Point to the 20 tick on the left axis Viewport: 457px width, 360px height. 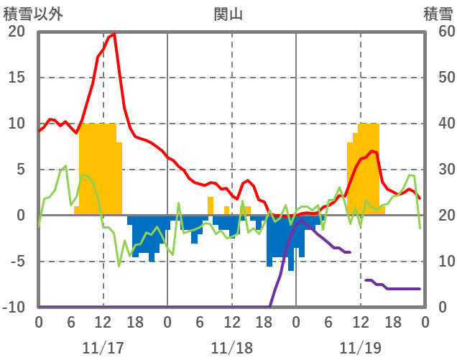16,32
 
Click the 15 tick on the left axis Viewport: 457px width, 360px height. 16,78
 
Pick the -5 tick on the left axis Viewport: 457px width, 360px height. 16,262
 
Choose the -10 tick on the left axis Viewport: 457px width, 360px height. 14,308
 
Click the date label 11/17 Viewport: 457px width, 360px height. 103,348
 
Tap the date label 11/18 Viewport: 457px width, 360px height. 232,348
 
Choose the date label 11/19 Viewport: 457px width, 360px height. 361,348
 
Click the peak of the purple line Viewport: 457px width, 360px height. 300,220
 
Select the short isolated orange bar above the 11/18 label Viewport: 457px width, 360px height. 227,211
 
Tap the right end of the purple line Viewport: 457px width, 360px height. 420,289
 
